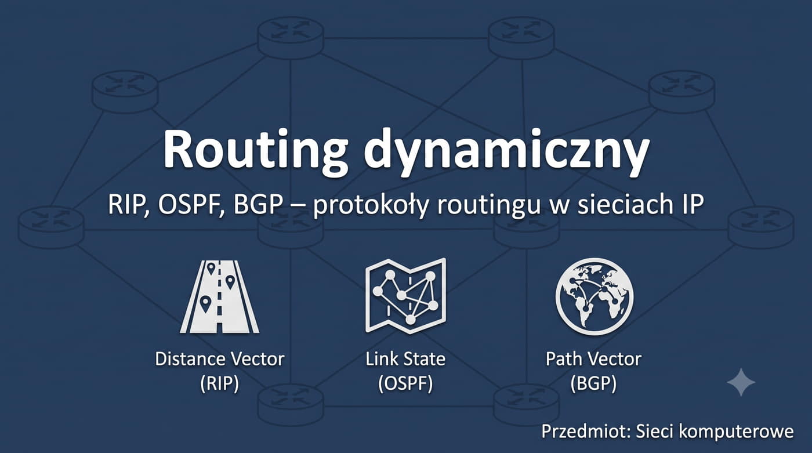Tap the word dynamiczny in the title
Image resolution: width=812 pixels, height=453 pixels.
506,152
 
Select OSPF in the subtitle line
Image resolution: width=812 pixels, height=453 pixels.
190,204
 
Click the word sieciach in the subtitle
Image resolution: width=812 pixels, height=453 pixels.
623,204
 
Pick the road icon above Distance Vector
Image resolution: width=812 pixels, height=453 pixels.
220,296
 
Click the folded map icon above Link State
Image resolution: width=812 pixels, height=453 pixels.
405,296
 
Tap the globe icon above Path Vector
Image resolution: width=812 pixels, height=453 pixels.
594,296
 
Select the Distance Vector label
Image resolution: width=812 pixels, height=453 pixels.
220,359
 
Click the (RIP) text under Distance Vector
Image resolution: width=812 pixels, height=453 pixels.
220,383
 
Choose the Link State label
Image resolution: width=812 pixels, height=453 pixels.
405,359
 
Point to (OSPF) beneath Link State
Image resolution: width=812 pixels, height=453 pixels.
405,383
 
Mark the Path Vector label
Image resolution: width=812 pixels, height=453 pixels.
594,359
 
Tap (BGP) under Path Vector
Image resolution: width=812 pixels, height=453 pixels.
593,383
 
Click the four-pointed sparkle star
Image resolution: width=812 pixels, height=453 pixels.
741,382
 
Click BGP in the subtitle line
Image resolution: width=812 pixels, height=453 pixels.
258,204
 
